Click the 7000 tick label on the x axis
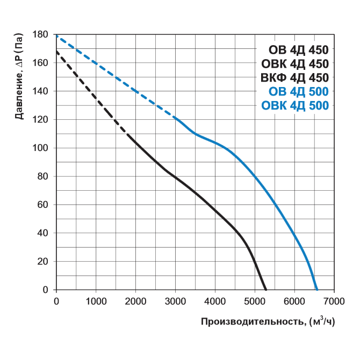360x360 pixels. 334,300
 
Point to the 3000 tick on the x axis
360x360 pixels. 175,300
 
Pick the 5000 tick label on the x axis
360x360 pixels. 255,300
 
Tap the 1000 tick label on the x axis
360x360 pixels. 96,300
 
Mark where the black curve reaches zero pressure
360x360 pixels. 265,290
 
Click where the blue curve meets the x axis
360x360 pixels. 317,290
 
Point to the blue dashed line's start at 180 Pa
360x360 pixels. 56,35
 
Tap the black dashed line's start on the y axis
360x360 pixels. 56,51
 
